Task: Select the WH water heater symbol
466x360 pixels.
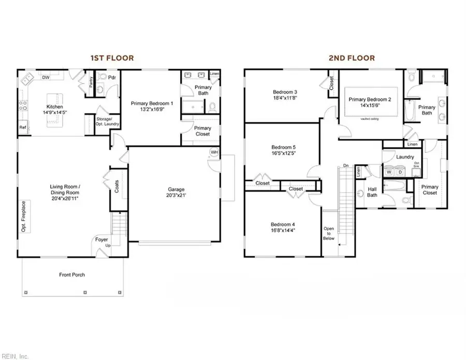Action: click(214, 152)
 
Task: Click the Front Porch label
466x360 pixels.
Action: click(71, 275)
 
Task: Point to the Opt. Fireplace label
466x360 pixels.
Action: click(24, 216)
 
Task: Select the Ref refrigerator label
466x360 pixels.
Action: click(23, 127)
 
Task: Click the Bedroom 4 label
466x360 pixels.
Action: click(283, 224)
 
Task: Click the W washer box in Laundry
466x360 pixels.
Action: click(389, 172)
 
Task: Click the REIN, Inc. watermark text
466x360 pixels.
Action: click(15, 355)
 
